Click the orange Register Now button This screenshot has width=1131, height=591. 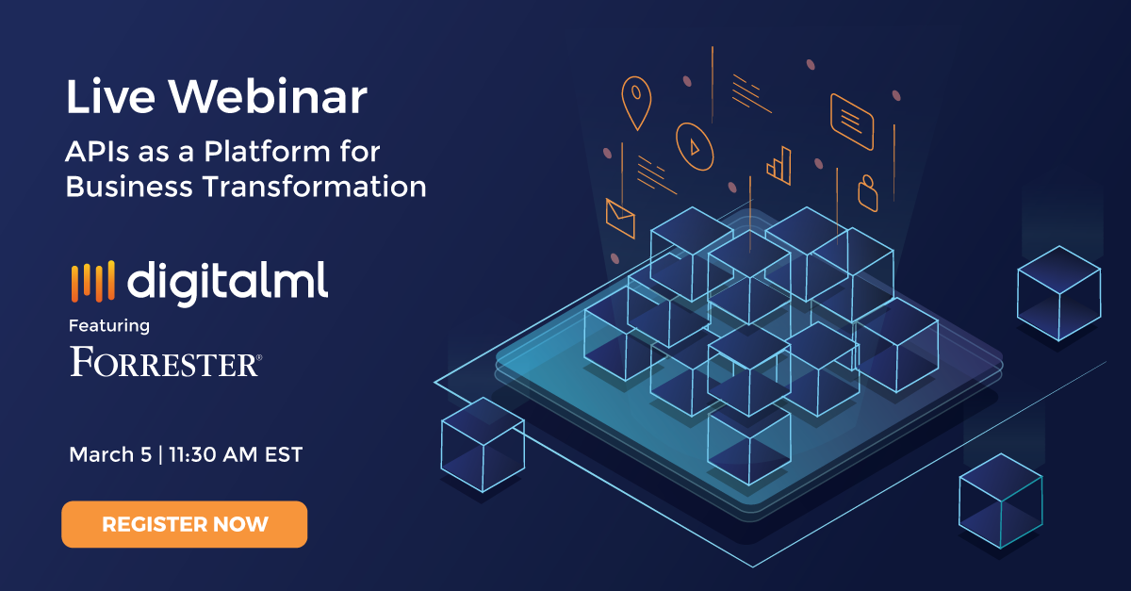pos(185,524)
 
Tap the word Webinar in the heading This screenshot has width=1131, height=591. pos(268,96)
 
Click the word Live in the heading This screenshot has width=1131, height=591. pos(110,96)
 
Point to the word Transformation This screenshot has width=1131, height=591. pos(315,187)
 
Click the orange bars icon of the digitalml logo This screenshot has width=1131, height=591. pos(93,281)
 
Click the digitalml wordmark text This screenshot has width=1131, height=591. pos(228,283)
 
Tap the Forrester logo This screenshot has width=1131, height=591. pos(166,362)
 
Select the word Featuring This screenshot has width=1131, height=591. pos(109,326)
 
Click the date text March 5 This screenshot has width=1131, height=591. pos(110,454)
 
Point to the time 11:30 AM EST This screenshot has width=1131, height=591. pos(236,454)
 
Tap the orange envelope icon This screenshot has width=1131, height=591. pos(620,219)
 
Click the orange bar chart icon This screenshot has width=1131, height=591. pos(779,166)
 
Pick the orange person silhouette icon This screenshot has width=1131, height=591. pos(868,193)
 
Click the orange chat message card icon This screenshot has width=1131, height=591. pos(852,122)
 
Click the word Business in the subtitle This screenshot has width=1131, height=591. pos(129,187)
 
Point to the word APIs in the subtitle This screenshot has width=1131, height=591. pos(97,152)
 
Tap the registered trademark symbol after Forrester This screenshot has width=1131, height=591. pos(259,357)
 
